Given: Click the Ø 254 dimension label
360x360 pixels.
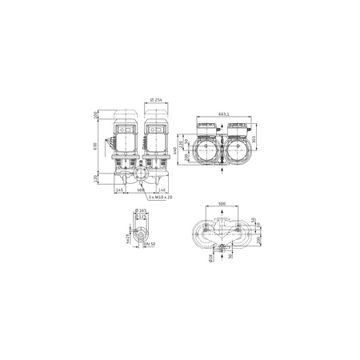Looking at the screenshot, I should [157, 99].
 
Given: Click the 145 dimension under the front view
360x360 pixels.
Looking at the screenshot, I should [119, 190].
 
